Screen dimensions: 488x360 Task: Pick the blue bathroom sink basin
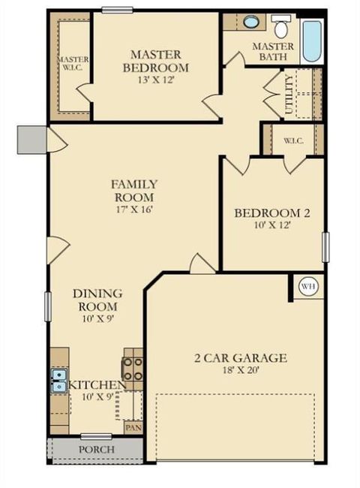[x=251, y=22]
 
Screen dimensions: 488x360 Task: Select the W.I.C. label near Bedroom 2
[x=292, y=140]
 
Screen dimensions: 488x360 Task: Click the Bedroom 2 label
[x=272, y=213]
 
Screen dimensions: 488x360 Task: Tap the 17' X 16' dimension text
[x=134, y=209]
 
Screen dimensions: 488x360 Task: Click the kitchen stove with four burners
[x=133, y=369]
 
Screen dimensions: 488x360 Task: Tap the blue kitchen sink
[x=58, y=381]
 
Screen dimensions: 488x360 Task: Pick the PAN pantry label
[x=133, y=428]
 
